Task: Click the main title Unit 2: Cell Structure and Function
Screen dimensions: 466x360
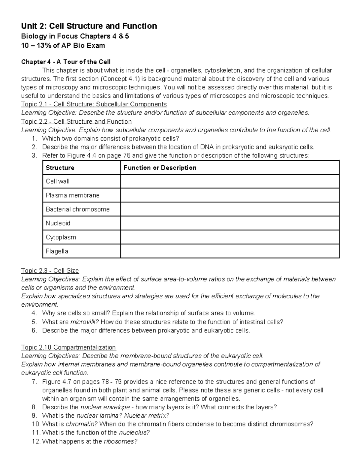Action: [x=89, y=26]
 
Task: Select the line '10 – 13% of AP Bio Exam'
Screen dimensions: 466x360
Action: [x=63, y=46]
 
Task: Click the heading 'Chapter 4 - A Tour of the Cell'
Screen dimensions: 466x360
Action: [x=66, y=62]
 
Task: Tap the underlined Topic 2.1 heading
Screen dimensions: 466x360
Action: [x=94, y=104]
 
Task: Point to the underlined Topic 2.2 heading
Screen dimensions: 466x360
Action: [x=76, y=122]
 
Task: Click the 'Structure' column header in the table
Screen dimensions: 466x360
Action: [x=60, y=168]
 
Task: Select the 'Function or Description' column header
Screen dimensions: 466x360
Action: [x=160, y=168]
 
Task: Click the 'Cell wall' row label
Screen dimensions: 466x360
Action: [x=58, y=181]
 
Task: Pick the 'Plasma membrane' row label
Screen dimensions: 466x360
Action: [x=72, y=195]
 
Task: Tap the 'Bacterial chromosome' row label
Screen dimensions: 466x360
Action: [x=77, y=209]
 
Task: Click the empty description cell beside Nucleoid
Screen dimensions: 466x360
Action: [x=230, y=223]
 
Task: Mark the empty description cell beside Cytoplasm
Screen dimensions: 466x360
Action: [x=230, y=237]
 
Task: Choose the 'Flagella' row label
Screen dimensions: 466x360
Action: [x=57, y=251]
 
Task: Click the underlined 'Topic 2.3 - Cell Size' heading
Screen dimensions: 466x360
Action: [x=50, y=271]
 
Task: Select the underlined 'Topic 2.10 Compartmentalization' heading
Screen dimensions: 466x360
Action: [x=68, y=347]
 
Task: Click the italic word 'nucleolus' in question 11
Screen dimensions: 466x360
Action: [x=134, y=433]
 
